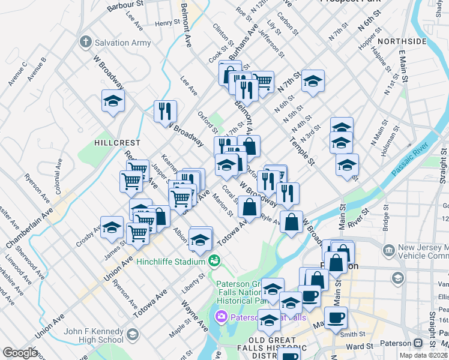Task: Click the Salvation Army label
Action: point(122,43)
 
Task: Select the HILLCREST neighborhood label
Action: point(117,143)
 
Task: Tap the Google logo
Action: point(19,352)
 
